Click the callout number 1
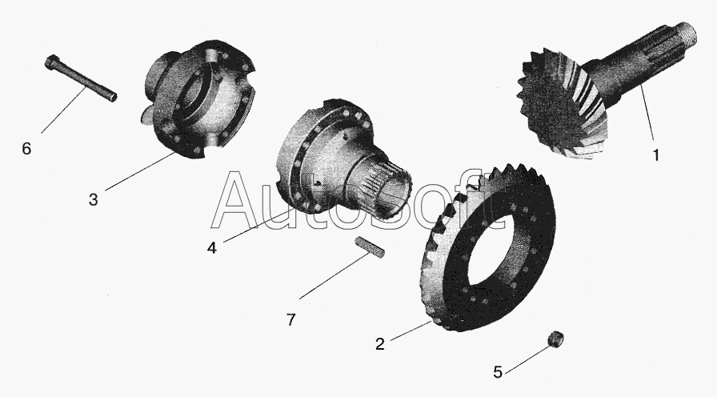pyautogui.click(x=656, y=155)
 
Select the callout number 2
pyautogui.click(x=380, y=344)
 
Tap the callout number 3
pyautogui.click(x=94, y=199)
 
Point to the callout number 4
pyautogui.click(x=212, y=248)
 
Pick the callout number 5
pyautogui.click(x=498, y=372)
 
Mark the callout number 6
pyautogui.click(x=26, y=149)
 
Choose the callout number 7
pyautogui.click(x=291, y=319)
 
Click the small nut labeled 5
pyautogui.click(x=555, y=339)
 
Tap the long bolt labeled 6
pyautogui.click(x=81, y=78)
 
